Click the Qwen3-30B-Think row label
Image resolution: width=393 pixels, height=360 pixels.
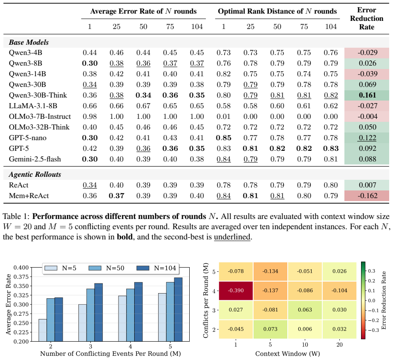pos(38,95)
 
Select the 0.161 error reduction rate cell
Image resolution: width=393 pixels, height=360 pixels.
pos(367,95)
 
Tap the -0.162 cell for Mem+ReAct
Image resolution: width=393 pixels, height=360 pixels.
pos(367,196)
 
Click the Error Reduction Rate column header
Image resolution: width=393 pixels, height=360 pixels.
pos(367,18)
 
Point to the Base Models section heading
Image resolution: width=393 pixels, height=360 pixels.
pos(29,42)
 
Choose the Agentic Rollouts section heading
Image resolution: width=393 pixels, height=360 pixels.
pos(35,174)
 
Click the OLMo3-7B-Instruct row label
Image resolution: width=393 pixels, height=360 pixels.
pos(40,116)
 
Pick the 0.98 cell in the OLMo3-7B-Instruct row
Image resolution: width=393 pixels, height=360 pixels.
pos(90,116)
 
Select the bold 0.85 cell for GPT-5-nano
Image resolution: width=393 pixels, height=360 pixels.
pos(224,138)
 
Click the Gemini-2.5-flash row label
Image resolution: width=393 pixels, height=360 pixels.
pos(35,159)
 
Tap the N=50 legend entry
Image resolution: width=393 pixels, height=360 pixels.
pos(106,268)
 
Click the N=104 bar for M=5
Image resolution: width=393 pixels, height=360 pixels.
pos(178,309)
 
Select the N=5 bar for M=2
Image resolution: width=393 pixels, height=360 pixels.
pos(43,330)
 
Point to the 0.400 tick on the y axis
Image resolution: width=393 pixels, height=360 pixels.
pos(21,268)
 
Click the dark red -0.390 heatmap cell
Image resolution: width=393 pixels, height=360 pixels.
pos(236,291)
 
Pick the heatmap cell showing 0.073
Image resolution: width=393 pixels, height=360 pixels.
pos(270,329)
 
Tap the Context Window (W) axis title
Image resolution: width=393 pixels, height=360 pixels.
pos(287,354)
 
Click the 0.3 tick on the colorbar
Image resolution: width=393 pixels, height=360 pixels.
pos(371,271)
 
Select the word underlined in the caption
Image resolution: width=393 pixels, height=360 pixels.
pos(232,237)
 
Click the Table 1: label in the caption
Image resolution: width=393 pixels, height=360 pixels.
pos(16,216)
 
